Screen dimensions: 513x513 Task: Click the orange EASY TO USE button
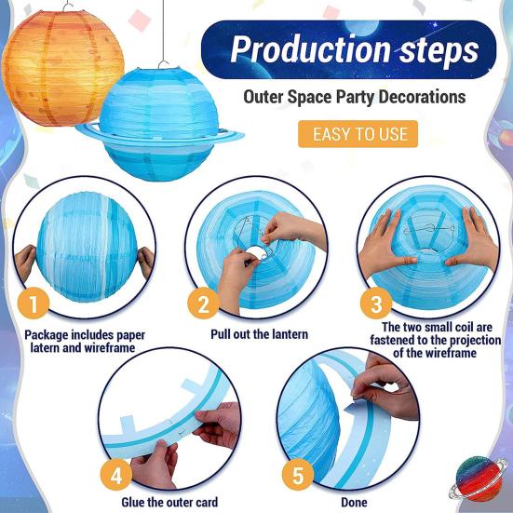(x=358, y=133)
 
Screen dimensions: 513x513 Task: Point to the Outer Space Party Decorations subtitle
(x=355, y=97)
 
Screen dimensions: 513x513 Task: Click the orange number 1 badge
(x=34, y=304)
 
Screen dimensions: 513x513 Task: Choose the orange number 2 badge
(x=202, y=304)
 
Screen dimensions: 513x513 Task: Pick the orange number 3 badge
(x=375, y=304)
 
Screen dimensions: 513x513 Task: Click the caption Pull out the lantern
(x=258, y=334)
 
